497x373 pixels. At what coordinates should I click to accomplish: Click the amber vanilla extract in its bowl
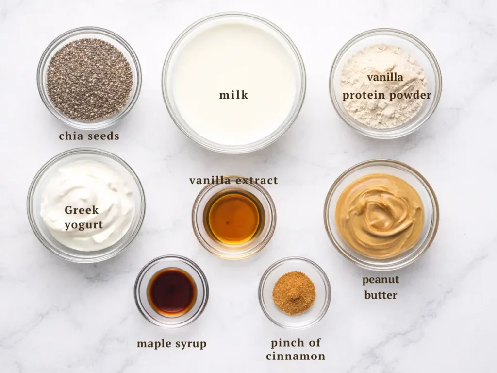pyautogui.click(x=233, y=219)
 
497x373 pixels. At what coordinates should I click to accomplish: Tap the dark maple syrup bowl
pyautogui.click(x=171, y=292)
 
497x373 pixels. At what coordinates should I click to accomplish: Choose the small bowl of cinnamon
pyautogui.click(x=294, y=292)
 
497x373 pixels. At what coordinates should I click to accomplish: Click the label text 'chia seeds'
pyautogui.click(x=89, y=136)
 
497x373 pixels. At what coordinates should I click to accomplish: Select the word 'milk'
pyautogui.click(x=233, y=95)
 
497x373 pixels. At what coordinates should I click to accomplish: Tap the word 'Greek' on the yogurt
pyautogui.click(x=82, y=210)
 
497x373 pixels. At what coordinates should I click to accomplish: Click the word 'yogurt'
pyautogui.click(x=84, y=225)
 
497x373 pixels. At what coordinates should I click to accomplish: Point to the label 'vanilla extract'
pyautogui.click(x=233, y=181)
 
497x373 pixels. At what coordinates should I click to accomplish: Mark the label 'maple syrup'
pyautogui.click(x=171, y=344)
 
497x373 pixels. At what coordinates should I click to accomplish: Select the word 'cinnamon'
pyautogui.click(x=296, y=356)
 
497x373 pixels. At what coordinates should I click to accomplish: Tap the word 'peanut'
pyautogui.click(x=381, y=280)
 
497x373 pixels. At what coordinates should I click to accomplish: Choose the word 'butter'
pyautogui.click(x=381, y=295)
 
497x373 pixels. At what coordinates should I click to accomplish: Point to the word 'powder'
pyautogui.click(x=411, y=95)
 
